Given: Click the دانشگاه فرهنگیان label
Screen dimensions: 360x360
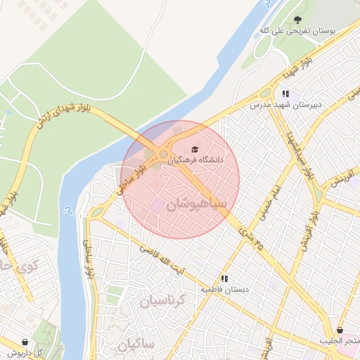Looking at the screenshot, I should point(195,160).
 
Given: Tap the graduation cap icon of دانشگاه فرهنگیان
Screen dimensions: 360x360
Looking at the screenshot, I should point(195,148).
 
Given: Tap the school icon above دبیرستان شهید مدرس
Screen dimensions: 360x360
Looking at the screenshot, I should point(285,93).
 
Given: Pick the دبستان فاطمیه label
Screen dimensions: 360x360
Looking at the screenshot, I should point(224,289).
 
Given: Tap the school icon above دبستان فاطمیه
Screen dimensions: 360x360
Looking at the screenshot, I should point(224,278).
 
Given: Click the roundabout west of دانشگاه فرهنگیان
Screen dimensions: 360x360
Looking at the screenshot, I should point(164,154).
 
